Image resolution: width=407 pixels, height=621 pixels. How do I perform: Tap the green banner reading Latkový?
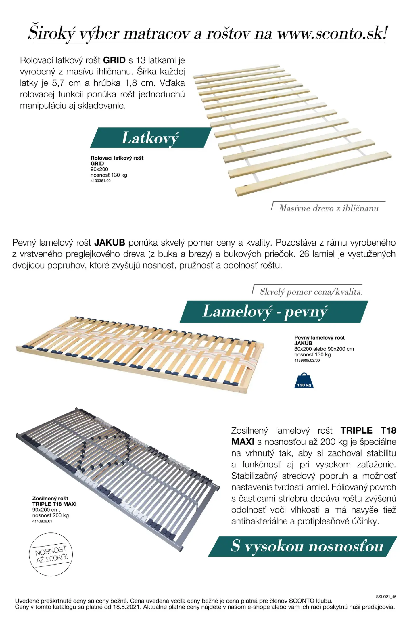150,138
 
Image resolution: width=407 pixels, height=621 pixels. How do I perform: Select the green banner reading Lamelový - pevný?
265,312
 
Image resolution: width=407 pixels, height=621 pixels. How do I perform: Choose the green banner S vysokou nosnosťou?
307,546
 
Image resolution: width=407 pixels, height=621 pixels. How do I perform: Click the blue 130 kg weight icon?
304,381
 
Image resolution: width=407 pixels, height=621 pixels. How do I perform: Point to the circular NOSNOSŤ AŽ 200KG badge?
51,554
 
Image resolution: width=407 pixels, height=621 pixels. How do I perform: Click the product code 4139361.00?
100,181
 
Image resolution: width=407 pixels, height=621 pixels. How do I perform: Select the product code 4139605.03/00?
307,360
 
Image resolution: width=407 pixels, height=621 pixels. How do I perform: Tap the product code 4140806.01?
42,521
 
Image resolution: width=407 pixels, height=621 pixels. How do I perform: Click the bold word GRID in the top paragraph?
114,60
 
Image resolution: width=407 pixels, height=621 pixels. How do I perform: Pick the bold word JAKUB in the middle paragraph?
110,243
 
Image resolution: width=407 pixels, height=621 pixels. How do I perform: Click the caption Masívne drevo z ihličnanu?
329,208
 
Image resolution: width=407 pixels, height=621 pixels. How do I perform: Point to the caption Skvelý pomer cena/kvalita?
311,292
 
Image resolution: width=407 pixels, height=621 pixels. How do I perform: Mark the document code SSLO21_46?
386,597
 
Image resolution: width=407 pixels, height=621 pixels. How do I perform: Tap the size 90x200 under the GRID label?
99,169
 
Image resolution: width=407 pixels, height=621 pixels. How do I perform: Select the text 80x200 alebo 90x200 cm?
324,349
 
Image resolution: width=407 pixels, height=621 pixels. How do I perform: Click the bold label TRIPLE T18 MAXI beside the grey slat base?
54,504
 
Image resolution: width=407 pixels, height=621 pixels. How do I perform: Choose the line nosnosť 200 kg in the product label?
51,515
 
